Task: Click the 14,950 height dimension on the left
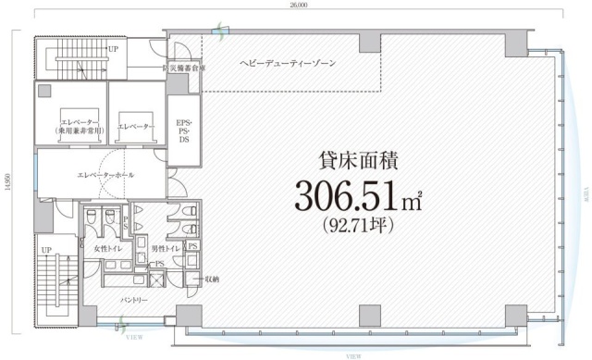click(x=6, y=181)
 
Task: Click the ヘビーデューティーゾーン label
click(x=288, y=62)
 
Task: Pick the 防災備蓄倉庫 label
click(x=184, y=68)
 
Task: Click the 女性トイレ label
click(x=107, y=247)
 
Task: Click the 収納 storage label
click(x=212, y=278)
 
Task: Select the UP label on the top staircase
click(x=113, y=48)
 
